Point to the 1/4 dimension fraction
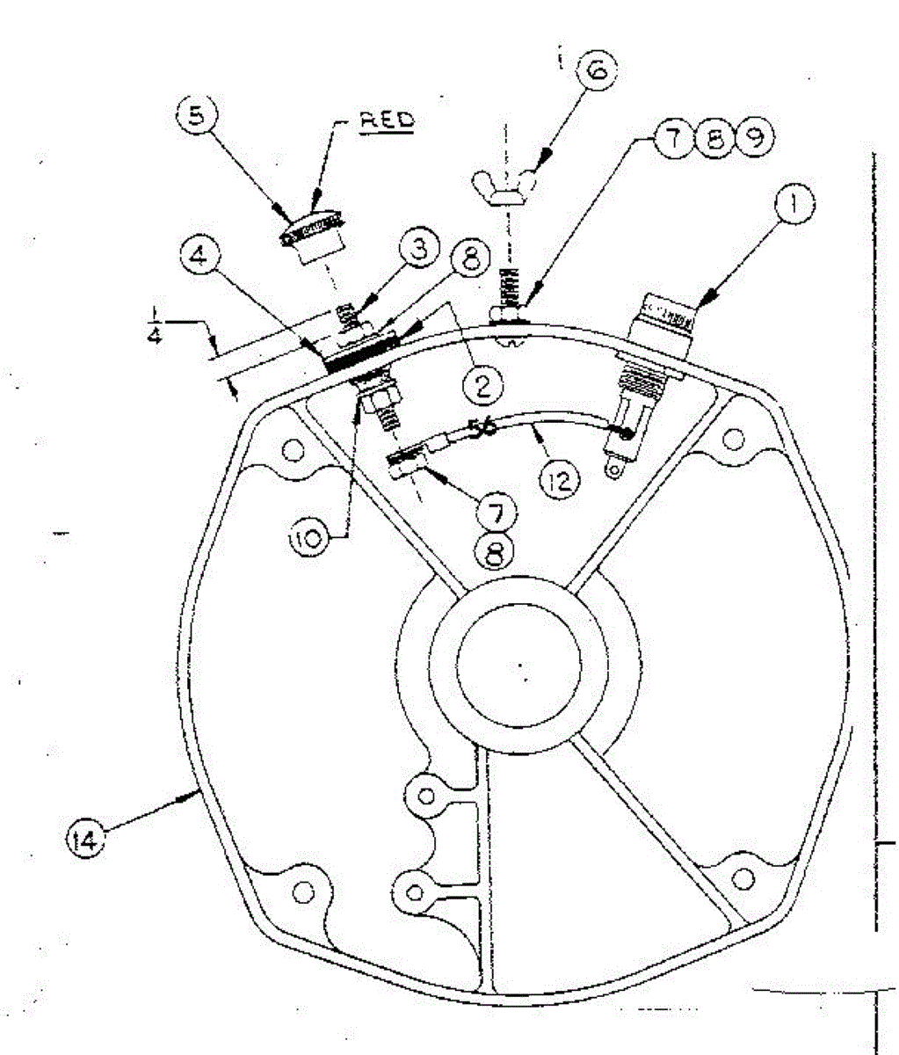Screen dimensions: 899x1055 pyautogui.click(x=155, y=325)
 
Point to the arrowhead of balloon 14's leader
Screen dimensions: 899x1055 pyautogui.click(x=197, y=794)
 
